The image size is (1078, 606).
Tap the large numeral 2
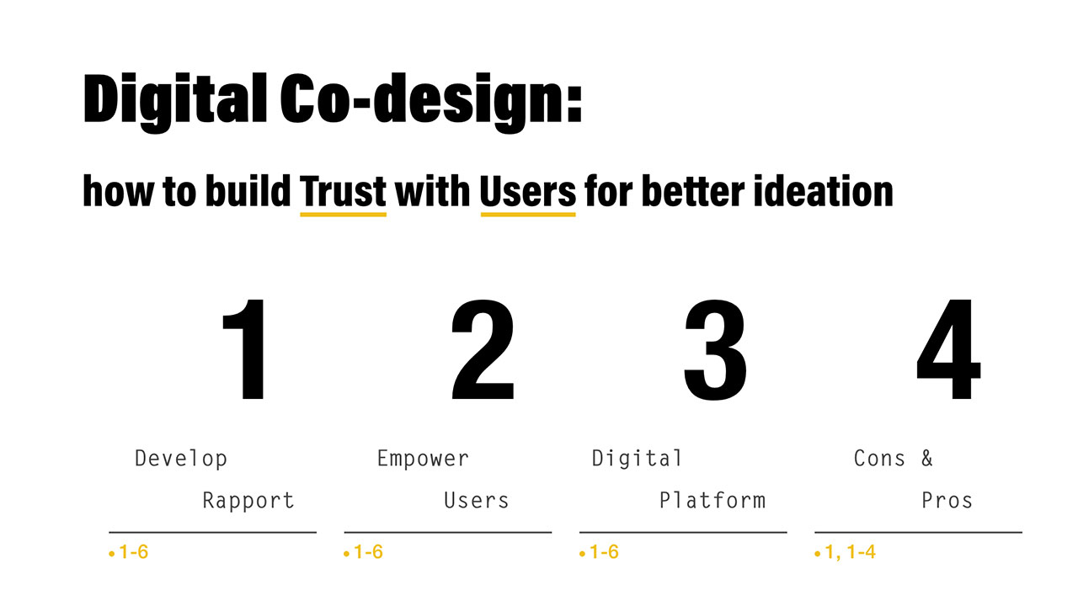483,349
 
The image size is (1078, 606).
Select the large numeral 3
716,349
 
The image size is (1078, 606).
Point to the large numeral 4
948,349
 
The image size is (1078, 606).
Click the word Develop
181,459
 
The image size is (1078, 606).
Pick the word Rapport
248,501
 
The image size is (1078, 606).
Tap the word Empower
423,459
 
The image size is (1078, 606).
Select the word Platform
712,500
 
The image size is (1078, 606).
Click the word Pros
947,501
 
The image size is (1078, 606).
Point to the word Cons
879,459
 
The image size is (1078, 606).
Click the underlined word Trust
343,191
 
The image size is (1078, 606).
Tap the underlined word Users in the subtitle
528,191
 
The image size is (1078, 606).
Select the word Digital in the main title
175,102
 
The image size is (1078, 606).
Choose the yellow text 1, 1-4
850,552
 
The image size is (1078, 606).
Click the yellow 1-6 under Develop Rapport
133,552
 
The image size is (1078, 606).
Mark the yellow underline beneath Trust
343,214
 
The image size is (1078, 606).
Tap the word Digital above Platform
637,459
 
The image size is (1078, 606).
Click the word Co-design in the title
431,102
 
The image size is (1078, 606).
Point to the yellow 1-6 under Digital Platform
604,552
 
